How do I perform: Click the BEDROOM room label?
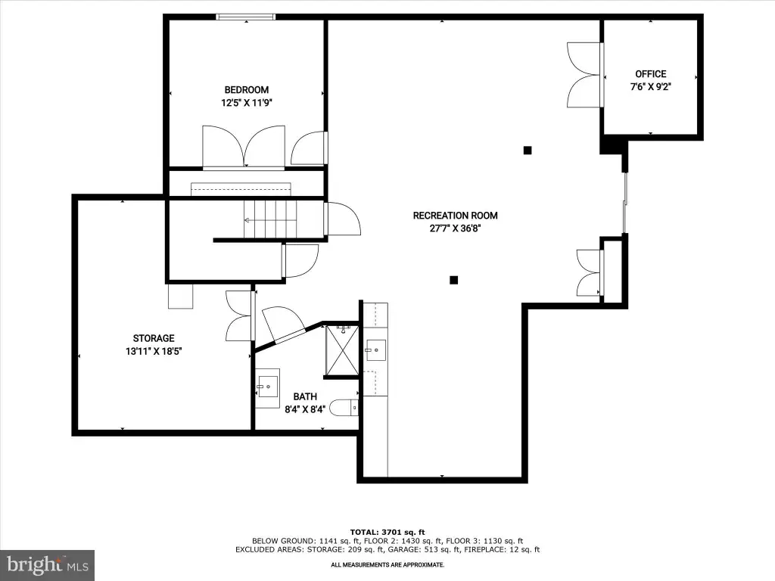pyautogui.click(x=246, y=90)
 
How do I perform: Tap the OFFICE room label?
pyautogui.click(x=650, y=74)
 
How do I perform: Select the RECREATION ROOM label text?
pyautogui.click(x=455, y=216)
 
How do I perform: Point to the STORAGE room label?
pyautogui.click(x=154, y=338)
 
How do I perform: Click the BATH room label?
pyautogui.click(x=305, y=396)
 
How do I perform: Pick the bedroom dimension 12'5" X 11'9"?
pyautogui.click(x=247, y=103)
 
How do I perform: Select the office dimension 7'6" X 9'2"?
pyautogui.click(x=650, y=87)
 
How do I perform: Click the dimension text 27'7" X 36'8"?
pyautogui.click(x=455, y=228)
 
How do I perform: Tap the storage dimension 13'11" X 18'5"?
pyautogui.click(x=154, y=351)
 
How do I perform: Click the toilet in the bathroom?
pyautogui.click(x=344, y=408)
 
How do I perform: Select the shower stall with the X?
pyautogui.click(x=342, y=350)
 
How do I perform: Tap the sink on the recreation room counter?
pyautogui.click(x=375, y=350)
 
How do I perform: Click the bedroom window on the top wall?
pyautogui.click(x=246, y=17)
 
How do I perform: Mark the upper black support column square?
pyautogui.click(x=528, y=151)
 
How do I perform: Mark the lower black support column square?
pyautogui.click(x=454, y=280)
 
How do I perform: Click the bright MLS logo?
pyautogui.click(x=48, y=565)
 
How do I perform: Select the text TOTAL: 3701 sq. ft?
pyautogui.click(x=387, y=532)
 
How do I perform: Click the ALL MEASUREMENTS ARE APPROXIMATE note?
pyautogui.click(x=387, y=564)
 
